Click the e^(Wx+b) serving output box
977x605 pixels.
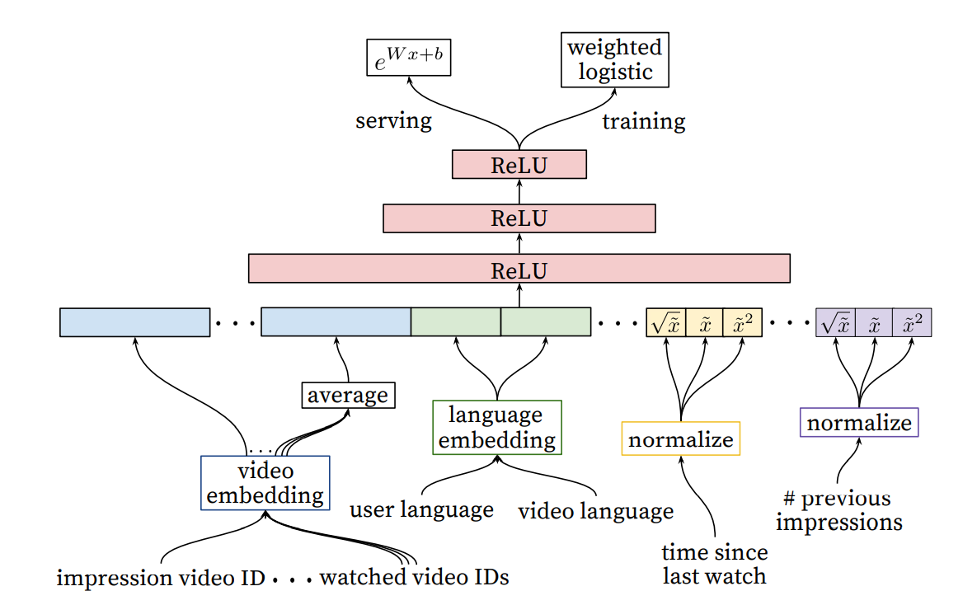[409, 58]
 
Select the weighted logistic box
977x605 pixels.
[615, 60]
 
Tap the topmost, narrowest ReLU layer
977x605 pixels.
[519, 165]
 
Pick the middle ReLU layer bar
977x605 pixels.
[519, 218]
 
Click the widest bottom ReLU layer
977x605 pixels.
[519, 269]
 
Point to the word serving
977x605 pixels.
[393, 120]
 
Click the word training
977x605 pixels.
[644, 121]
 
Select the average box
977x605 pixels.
[348, 395]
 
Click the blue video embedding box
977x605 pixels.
[265, 483]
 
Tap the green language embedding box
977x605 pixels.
[497, 428]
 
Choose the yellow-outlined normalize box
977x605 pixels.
[681, 439]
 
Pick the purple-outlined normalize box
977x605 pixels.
[859, 423]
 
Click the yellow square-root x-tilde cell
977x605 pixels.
[666, 323]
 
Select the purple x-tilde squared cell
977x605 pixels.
[912, 323]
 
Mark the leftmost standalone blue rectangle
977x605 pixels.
[134, 322]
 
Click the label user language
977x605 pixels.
[421, 509]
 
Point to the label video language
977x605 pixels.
[595, 511]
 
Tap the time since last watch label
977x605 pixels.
[714, 564]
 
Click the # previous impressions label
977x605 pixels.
[838, 509]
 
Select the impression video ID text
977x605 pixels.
[161, 578]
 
